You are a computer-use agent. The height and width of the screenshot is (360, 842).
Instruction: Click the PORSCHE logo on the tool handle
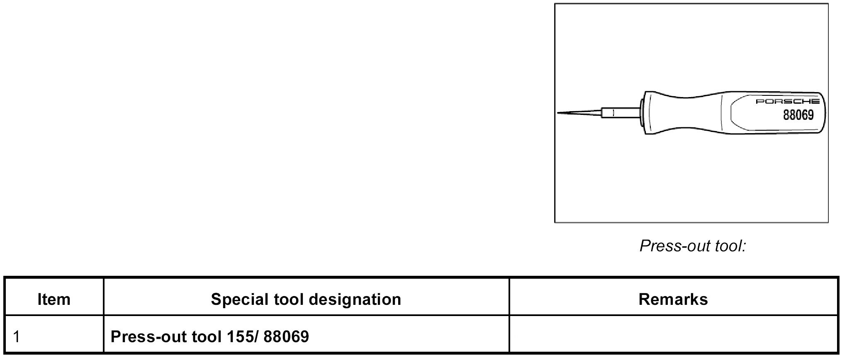(x=787, y=101)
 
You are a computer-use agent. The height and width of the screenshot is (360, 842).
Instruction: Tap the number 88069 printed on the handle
(x=798, y=114)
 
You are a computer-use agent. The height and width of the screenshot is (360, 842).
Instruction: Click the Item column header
(x=54, y=299)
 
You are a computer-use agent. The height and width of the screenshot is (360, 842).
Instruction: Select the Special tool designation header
(x=306, y=299)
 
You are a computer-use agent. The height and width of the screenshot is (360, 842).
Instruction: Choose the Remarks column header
(x=673, y=299)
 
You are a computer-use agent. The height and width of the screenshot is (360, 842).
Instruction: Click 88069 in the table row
(x=286, y=336)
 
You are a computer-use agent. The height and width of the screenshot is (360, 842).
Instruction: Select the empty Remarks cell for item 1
(x=673, y=336)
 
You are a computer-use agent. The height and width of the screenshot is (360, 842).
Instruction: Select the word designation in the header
(x=355, y=299)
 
